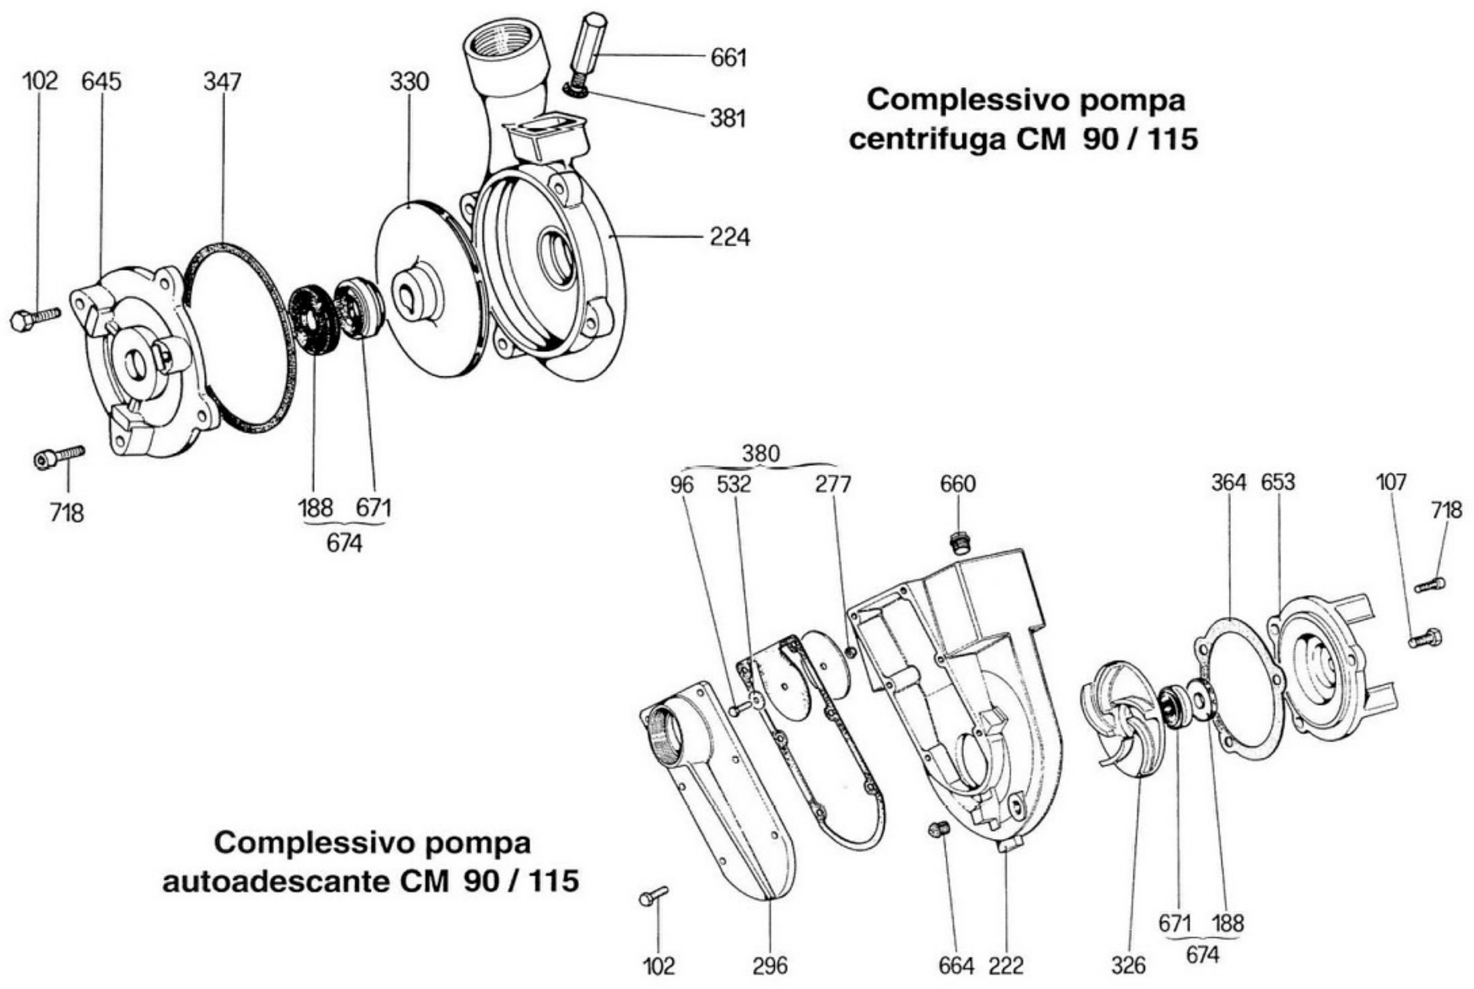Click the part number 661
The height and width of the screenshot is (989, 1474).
[x=728, y=58]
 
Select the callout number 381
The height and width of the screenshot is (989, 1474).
[x=728, y=119]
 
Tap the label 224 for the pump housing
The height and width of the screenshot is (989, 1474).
[x=730, y=238]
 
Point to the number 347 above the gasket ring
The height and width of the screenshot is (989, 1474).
[x=222, y=82]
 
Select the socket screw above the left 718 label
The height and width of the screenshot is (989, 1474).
[x=58, y=456]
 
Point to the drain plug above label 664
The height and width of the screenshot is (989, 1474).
[x=939, y=830]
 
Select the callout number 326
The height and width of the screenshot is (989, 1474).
[x=1128, y=965]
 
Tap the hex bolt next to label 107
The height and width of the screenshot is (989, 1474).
[x=1425, y=639]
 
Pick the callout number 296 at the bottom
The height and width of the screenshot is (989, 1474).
[x=771, y=966]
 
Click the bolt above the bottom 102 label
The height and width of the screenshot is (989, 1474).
[x=653, y=896]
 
